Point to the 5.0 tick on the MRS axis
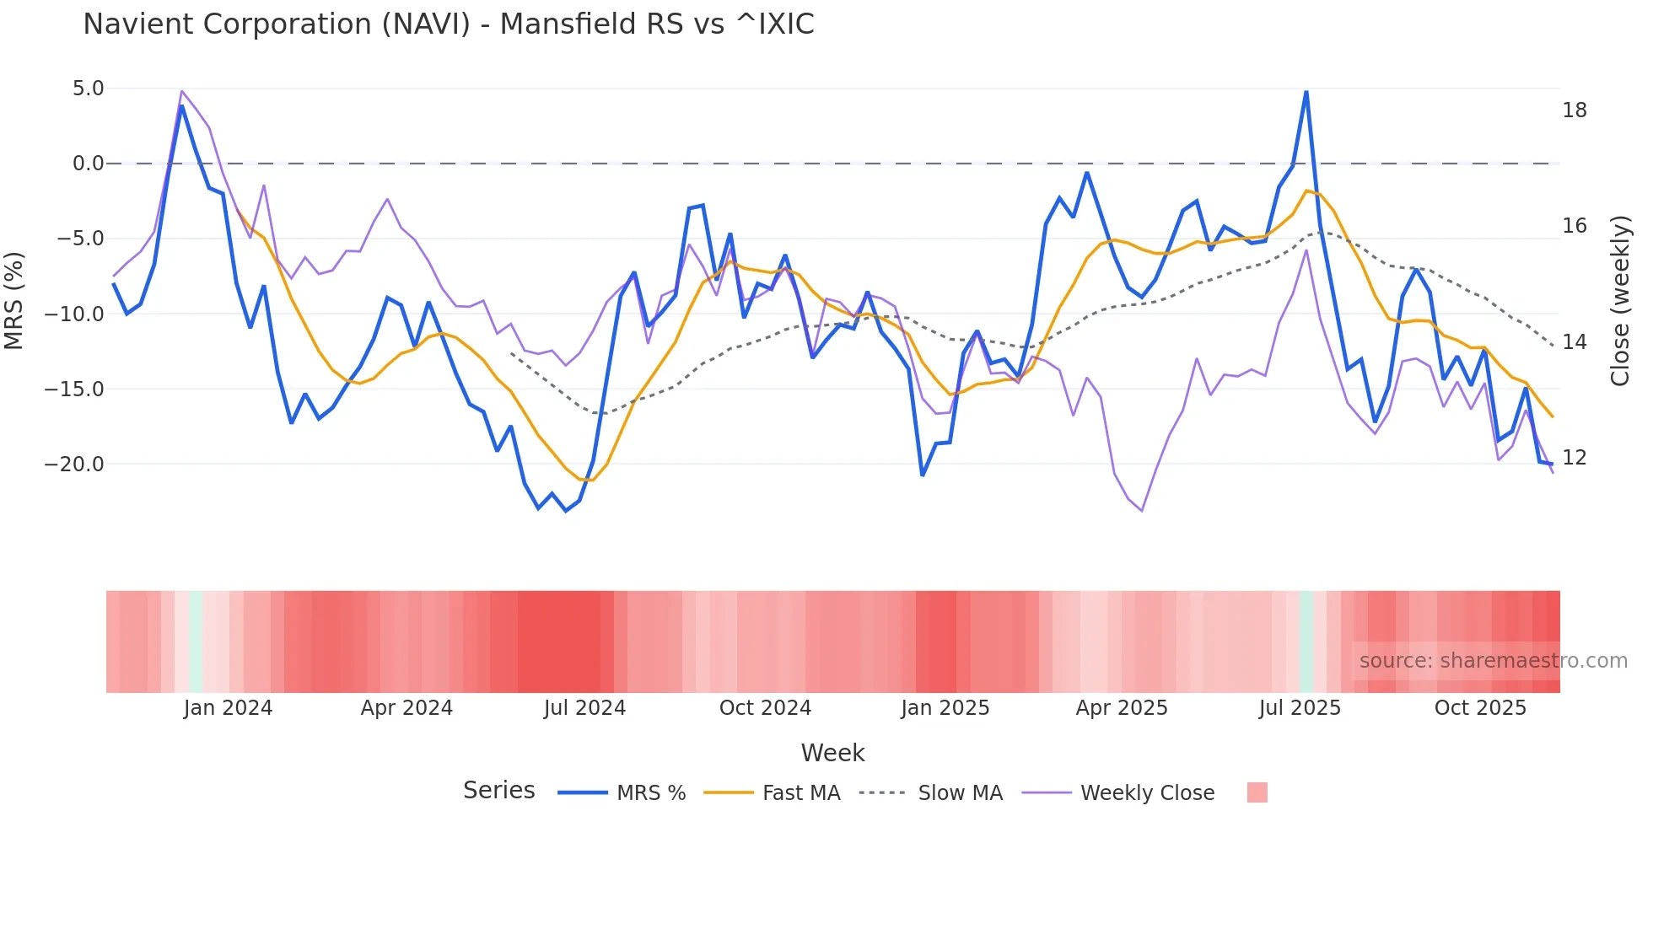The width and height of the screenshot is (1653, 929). click(x=88, y=89)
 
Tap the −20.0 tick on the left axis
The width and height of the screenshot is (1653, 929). click(x=74, y=464)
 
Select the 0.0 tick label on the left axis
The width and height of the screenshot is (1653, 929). click(x=88, y=164)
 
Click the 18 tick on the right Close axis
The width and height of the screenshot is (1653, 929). click(x=1574, y=110)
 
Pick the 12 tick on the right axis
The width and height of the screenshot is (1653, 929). click(x=1574, y=458)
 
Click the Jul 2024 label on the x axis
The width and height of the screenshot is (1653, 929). click(x=584, y=708)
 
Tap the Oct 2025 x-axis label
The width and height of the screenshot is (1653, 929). click(x=1480, y=708)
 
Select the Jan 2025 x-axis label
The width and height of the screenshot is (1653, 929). click(x=945, y=708)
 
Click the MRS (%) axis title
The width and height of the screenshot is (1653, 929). click(x=14, y=300)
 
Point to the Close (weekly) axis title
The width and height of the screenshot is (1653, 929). click(x=1619, y=301)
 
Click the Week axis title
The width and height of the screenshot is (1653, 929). click(x=832, y=753)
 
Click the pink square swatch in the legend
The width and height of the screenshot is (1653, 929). click(x=1257, y=792)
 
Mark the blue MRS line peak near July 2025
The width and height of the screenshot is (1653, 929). click(x=1306, y=92)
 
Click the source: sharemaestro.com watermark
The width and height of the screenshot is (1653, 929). click(x=1493, y=661)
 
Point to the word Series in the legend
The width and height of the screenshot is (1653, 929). click(x=498, y=791)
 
